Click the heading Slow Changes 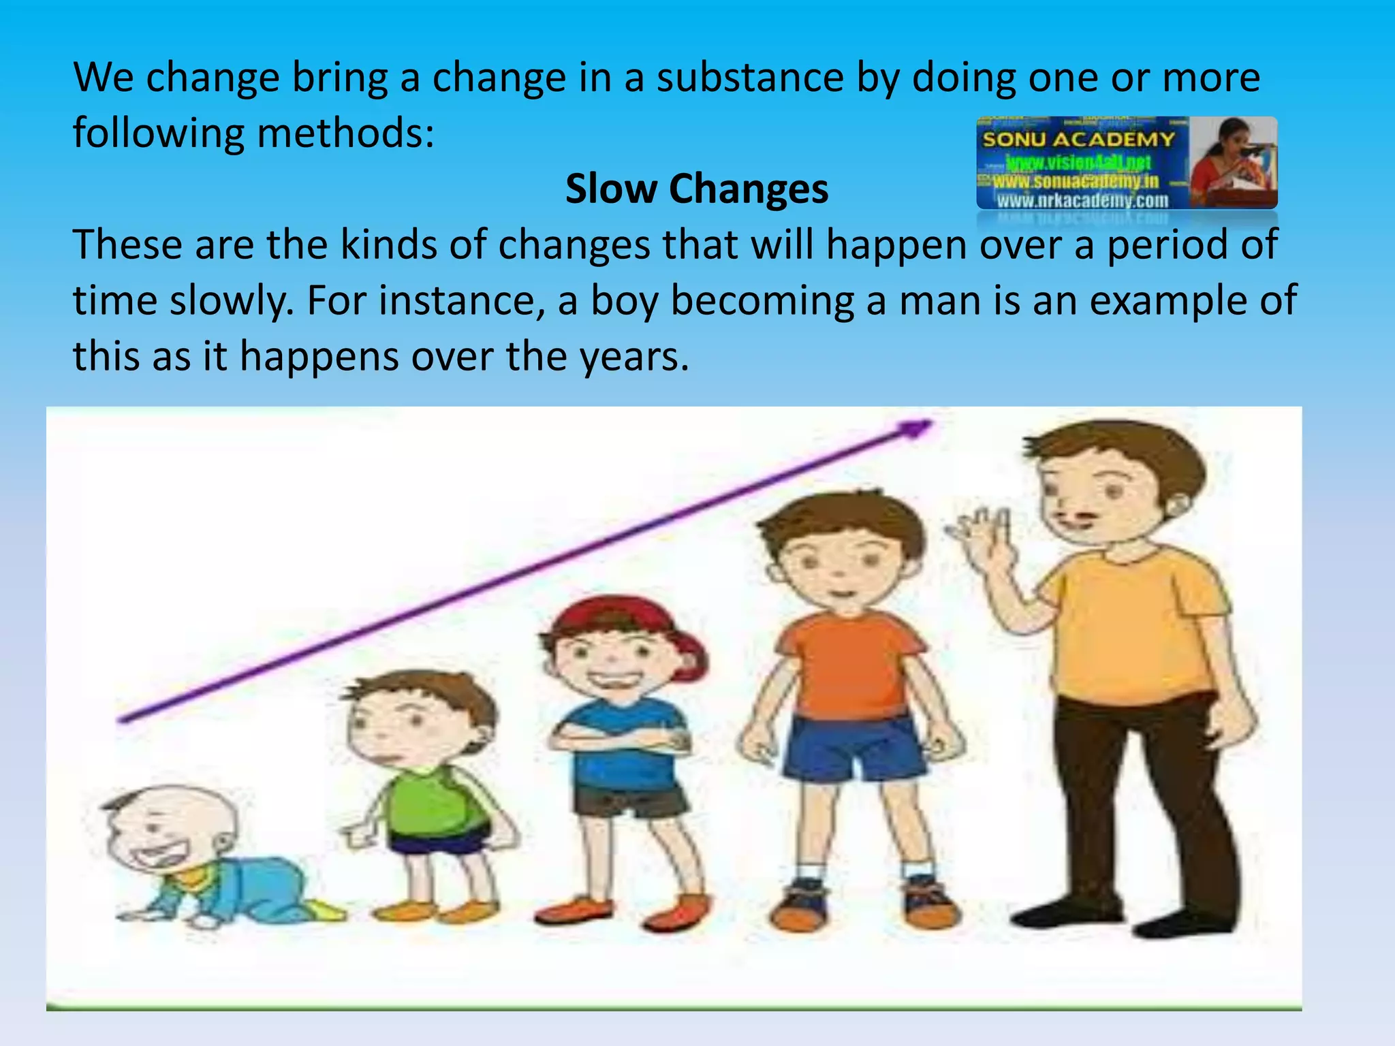tap(697, 189)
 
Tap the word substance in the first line tap(750, 78)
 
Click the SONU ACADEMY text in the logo tap(1078, 140)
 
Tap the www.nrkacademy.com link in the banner tap(1082, 200)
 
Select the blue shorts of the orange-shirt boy tap(851, 749)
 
